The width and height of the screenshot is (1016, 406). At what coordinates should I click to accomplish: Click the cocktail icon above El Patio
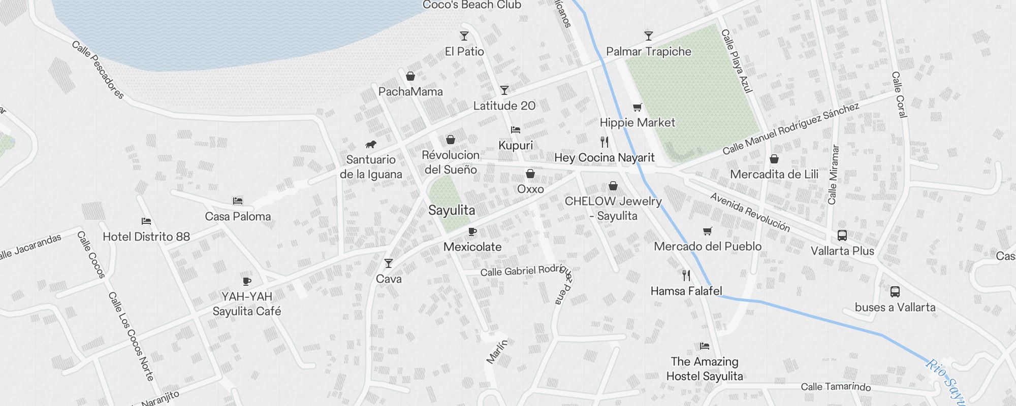tap(464, 36)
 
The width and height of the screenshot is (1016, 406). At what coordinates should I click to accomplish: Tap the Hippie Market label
tap(638, 122)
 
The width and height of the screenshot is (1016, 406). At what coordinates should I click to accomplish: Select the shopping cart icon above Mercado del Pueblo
tap(707, 231)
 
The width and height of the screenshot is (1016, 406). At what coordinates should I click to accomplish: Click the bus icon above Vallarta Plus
tap(842, 235)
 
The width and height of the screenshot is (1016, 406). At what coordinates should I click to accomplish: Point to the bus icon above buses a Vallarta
tap(895, 292)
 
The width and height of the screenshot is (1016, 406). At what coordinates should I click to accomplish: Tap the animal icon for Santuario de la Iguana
tap(371, 145)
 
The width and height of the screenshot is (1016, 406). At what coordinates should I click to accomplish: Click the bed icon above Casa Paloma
tap(237, 201)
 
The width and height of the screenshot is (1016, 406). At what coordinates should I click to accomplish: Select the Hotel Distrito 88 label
tap(146, 236)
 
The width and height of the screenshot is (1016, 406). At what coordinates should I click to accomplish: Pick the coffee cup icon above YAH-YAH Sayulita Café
tap(247, 281)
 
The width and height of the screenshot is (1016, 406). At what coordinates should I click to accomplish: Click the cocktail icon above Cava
tap(389, 263)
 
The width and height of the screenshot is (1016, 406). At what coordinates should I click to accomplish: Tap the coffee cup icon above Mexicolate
tap(472, 232)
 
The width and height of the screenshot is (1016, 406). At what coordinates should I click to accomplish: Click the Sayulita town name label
tap(452, 210)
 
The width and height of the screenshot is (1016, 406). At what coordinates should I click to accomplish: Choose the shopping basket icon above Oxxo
tap(530, 174)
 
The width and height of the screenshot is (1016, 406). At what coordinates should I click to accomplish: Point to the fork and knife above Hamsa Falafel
tap(686, 276)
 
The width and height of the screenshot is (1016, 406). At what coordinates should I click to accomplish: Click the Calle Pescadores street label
tap(98, 70)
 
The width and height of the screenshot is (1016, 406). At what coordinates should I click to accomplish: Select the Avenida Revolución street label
tap(750, 212)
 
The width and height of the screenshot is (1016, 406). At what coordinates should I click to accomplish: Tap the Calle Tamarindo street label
tap(836, 387)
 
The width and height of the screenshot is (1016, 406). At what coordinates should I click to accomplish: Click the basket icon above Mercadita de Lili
tap(774, 159)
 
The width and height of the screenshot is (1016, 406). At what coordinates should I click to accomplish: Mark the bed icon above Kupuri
tap(516, 130)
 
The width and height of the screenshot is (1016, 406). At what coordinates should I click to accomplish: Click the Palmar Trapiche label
tap(649, 51)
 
